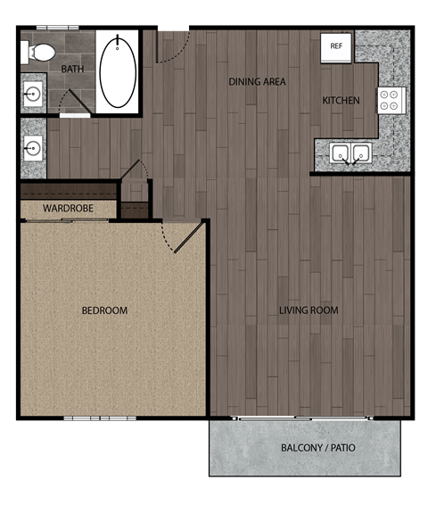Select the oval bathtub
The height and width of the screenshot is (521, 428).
click(x=117, y=71)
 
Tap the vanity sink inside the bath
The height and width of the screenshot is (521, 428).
click(x=34, y=92)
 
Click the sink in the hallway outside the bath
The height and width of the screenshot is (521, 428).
click(x=34, y=146)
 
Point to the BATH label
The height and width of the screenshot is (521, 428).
click(x=72, y=69)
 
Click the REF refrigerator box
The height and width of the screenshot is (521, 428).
click(x=336, y=46)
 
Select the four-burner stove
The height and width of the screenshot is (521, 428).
click(x=391, y=99)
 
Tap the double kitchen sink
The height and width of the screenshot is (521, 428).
click(x=350, y=153)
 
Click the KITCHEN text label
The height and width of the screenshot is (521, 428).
click(x=341, y=101)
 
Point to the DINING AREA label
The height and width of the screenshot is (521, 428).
click(x=257, y=82)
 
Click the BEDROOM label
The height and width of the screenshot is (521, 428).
click(x=104, y=310)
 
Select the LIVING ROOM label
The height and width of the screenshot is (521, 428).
click(x=309, y=310)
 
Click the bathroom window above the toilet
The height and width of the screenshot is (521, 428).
click(x=58, y=28)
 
